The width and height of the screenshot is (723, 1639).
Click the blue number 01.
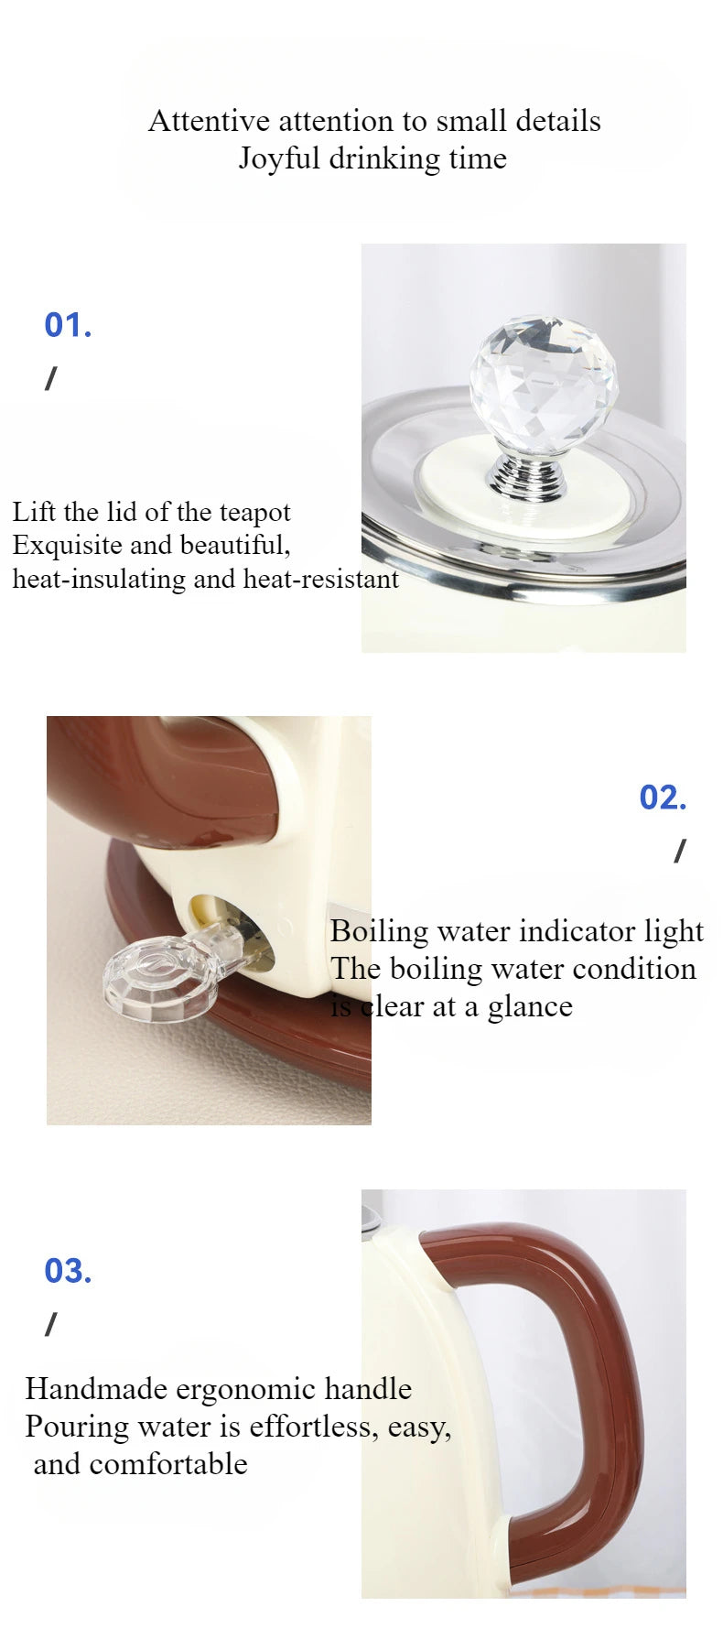coord(68,325)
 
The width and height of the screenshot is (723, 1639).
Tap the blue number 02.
coord(663,798)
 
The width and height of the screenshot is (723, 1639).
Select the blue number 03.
coord(68,1271)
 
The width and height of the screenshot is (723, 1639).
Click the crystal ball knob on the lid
coord(544,384)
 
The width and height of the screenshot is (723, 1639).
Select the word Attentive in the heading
coord(209,121)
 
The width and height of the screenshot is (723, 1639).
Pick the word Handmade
coord(97,1389)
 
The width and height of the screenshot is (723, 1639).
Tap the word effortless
coord(314,1427)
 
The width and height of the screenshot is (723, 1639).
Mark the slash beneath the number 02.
coord(679,852)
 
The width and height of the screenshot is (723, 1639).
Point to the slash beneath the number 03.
coord(50,1324)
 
